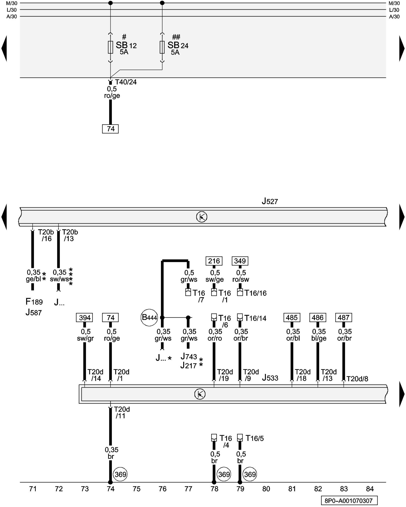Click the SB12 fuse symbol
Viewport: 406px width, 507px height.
coord(110,47)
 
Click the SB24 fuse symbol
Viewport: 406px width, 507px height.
coord(162,47)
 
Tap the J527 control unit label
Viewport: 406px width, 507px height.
coord(270,202)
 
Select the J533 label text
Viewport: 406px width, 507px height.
coord(270,378)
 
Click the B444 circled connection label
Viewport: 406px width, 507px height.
coord(149,317)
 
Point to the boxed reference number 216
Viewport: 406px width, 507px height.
coord(214,261)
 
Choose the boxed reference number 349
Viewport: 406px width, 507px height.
coord(240,261)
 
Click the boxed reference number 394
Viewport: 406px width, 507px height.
coord(85,318)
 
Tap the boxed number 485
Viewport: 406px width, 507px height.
coord(292,318)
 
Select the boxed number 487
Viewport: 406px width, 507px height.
coord(344,318)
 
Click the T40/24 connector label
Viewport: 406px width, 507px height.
coord(126,82)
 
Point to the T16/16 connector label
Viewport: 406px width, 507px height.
coord(255,293)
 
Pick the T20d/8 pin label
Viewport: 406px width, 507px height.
coord(357,379)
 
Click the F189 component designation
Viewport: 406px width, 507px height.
coord(34,302)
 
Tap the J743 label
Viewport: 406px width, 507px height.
coord(189,357)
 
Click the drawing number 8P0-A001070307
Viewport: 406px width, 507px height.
coord(349,501)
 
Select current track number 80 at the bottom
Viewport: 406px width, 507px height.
coord(266,489)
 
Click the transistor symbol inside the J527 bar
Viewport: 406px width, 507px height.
coord(202,217)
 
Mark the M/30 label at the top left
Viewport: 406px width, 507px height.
coord(11,3)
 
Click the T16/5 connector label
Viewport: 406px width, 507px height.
coord(255,438)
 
